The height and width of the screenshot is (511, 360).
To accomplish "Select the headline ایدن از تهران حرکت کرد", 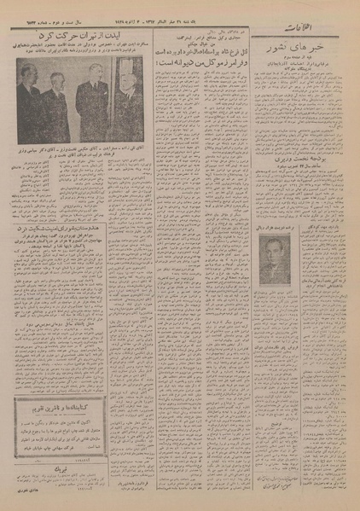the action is tap(81, 38).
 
